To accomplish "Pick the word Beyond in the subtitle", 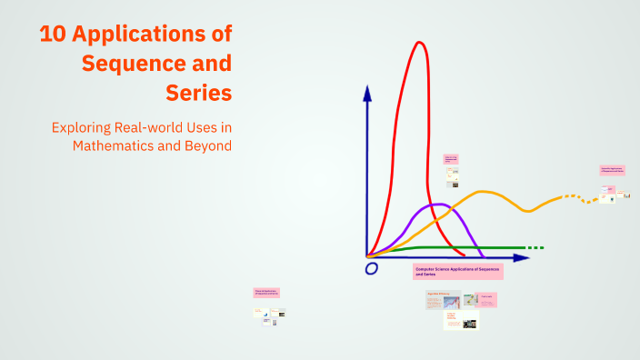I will [208, 145].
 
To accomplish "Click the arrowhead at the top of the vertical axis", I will [366, 93].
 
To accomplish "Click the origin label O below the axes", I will [371, 268].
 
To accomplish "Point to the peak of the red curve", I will [419, 42].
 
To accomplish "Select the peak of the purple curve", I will [438, 205].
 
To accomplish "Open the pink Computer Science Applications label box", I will [457, 271].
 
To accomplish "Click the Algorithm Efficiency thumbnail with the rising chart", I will [444, 301].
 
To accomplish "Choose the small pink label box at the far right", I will [610, 170].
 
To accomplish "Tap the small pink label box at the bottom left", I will [266, 293].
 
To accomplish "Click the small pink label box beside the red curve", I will [451, 159].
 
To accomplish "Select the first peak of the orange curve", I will [483, 192].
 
